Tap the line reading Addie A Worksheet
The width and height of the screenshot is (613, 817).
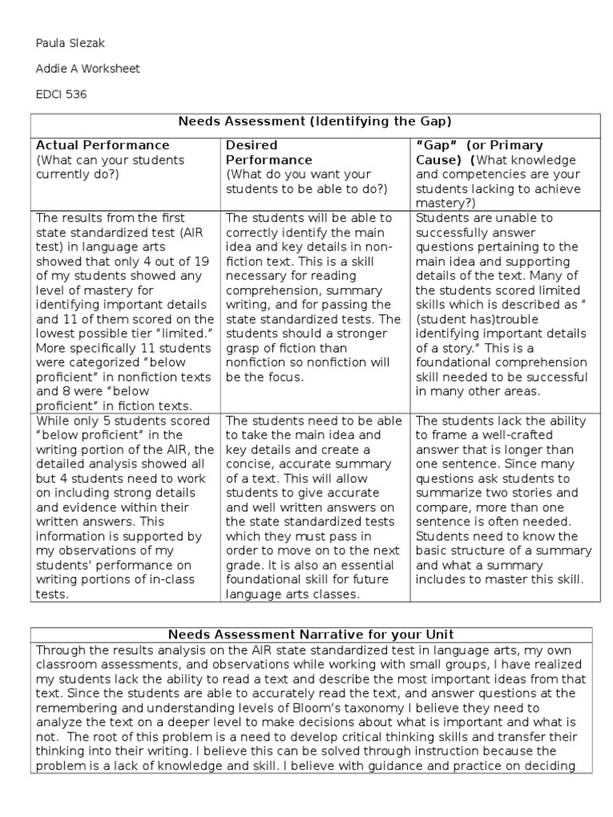88,69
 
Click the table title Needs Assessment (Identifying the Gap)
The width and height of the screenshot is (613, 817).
314,121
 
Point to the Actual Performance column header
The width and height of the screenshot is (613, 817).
103,145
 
